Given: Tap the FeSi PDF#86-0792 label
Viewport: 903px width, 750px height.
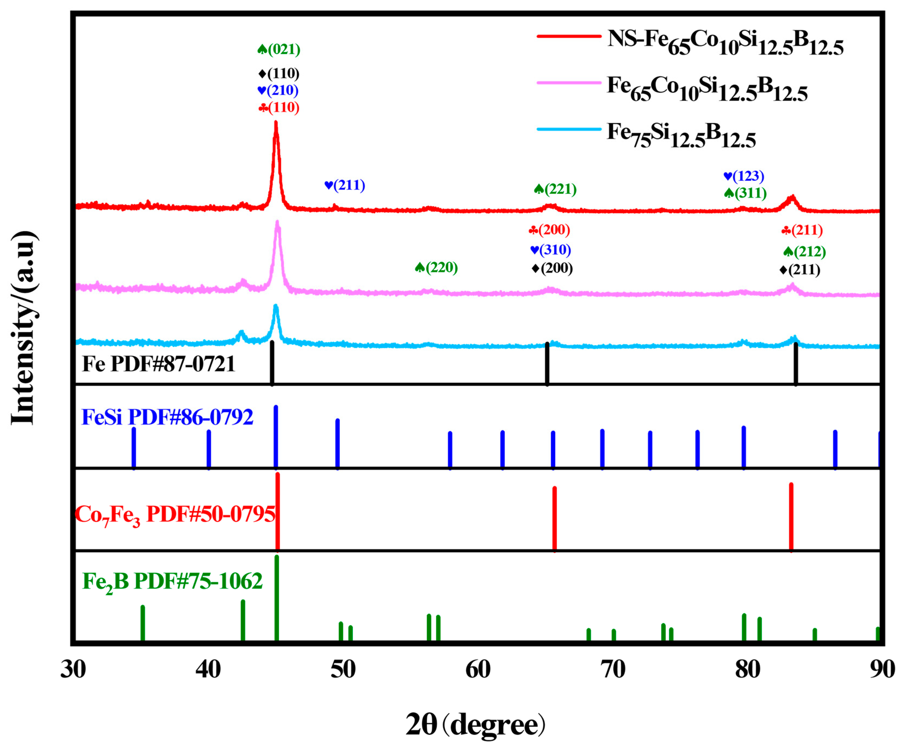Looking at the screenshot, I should click(x=167, y=417).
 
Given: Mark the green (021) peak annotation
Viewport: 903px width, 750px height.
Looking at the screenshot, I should click(x=279, y=49).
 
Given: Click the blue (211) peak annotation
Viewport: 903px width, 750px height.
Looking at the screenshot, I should click(x=345, y=185).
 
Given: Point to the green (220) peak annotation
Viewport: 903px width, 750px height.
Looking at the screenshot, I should click(x=436, y=268).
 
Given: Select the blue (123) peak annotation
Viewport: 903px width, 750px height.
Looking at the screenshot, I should click(x=744, y=176).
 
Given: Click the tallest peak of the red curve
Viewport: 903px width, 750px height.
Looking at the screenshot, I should click(x=276, y=125).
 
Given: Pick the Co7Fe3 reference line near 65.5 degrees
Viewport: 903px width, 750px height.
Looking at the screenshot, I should click(x=554, y=519).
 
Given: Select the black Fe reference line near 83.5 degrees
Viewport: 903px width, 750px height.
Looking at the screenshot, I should click(x=796, y=363).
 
